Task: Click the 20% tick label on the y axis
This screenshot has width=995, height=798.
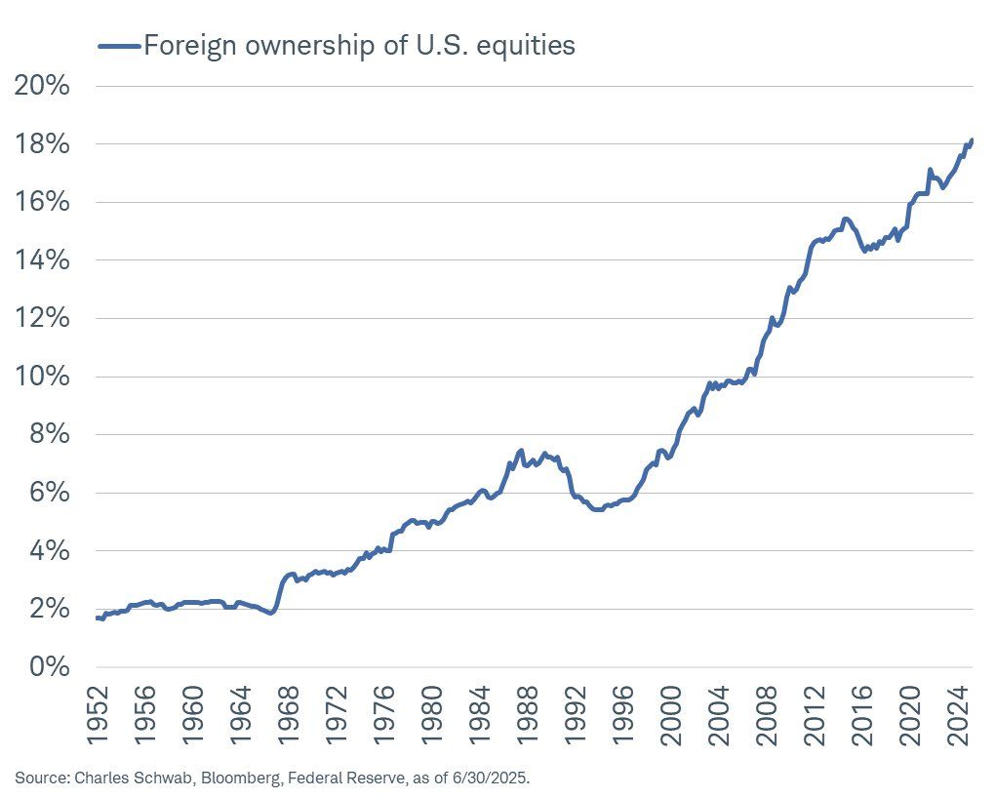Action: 43,86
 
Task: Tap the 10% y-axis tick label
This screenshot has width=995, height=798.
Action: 43,377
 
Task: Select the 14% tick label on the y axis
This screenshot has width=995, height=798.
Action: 43,260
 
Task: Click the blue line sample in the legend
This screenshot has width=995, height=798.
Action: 117,45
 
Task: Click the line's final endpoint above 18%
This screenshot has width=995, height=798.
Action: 972,140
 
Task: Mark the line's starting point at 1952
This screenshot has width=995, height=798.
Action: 98,618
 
